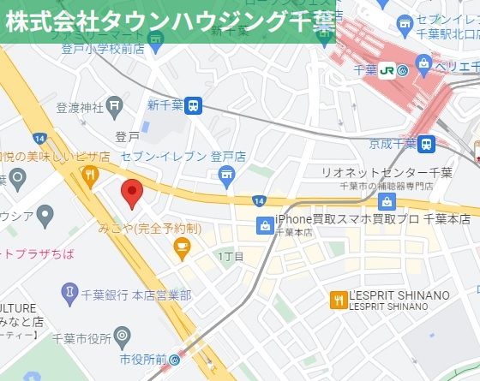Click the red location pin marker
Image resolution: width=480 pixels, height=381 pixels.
click(x=130, y=193)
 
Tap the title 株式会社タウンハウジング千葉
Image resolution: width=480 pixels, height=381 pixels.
click(x=168, y=21)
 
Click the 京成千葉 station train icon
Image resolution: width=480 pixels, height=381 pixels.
click(x=427, y=143)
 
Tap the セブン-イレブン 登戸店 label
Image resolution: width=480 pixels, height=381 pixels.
click(x=183, y=157)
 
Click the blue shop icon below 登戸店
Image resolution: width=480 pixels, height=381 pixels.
click(x=226, y=177)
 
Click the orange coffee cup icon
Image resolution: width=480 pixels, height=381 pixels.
click(x=181, y=247)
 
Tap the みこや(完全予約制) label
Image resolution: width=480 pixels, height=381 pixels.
click(x=150, y=229)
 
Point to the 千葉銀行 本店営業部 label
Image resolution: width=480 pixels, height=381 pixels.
click(x=135, y=295)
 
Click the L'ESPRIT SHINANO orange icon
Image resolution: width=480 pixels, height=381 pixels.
click(x=338, y=299)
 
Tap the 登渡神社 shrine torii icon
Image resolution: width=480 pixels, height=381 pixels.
click(x=116, y=107)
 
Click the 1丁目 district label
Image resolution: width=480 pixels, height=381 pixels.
click(x=231, y=257)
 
